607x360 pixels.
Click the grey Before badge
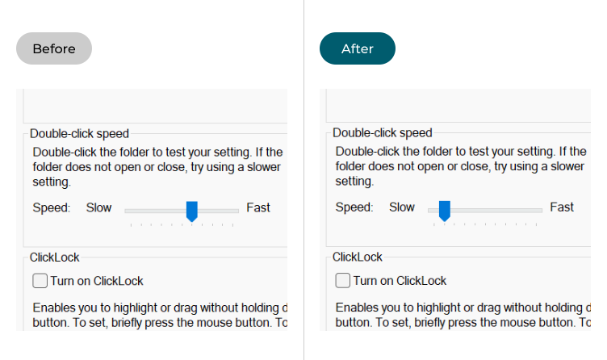54,48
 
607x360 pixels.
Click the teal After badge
358,48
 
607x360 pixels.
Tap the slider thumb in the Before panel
191,211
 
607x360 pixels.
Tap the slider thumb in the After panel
445,211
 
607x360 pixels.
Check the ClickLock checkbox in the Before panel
40,281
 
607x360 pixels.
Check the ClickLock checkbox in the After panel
342,280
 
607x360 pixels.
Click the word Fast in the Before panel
258,207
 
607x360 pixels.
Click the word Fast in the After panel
562,207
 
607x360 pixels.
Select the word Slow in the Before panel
98,207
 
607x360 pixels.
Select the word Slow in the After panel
402,207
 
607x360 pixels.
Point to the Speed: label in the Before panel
52,208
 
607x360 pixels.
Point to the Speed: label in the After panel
354,207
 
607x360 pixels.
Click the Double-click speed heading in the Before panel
79,134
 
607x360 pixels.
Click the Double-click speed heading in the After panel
382,133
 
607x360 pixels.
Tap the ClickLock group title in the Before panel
55,257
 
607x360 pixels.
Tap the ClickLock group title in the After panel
358,257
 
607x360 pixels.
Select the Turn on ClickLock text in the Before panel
97,281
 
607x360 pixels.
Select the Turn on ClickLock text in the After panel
400,281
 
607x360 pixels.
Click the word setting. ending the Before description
52,182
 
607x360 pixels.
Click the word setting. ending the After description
354,181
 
